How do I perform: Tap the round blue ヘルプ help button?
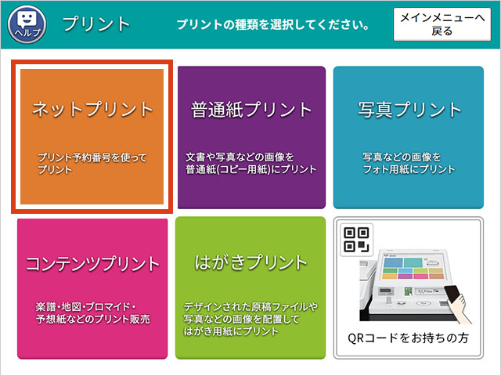tap(27, 24)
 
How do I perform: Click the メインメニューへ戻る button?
tap(442, 24)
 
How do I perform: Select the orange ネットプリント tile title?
tap(92, 109)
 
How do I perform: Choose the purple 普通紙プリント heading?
tap(251, 110)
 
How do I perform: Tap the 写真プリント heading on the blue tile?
tap(409, 110)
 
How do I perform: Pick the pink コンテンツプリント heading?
tap(92, 263)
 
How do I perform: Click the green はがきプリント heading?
tap(251, 262)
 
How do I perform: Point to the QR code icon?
tap(357, 240)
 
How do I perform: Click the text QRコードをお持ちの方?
tap(408, 338)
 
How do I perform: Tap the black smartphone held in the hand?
tap(453, 295)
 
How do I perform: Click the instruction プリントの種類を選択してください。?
tap(273, 24)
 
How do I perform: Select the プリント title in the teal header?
tap(96, 24)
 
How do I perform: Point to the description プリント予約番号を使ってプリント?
tap(92, 163)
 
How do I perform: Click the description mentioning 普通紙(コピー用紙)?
tap(251, 163)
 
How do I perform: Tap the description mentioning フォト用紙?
tap(409, 163)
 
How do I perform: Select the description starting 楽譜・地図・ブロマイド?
tap(92, 313)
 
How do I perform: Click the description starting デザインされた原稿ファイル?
tap(250, 319)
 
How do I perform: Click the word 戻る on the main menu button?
tap(442, 31)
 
